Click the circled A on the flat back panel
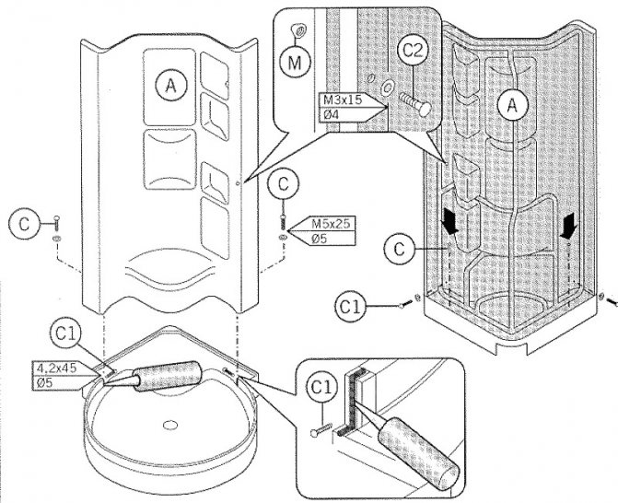tap(170, 85)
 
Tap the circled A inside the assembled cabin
tap(512, 105)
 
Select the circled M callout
tap(296, 63)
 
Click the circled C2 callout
tap(413, 51)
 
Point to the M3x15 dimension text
tap(343, 99)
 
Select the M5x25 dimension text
tap(331, 224)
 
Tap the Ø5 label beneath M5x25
tap(320, 239)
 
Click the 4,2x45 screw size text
tap(57, 368)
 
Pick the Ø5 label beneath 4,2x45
tap(44, 382)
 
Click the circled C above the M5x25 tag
tap(283, 184)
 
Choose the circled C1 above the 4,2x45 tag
tap(65, 333)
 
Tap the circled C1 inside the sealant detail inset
tap(322, 388)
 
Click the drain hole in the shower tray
tap(170, 425)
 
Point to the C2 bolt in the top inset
tap(414, 103)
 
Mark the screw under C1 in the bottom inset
tap(321, 429)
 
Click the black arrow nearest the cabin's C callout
tap(449, 221)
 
